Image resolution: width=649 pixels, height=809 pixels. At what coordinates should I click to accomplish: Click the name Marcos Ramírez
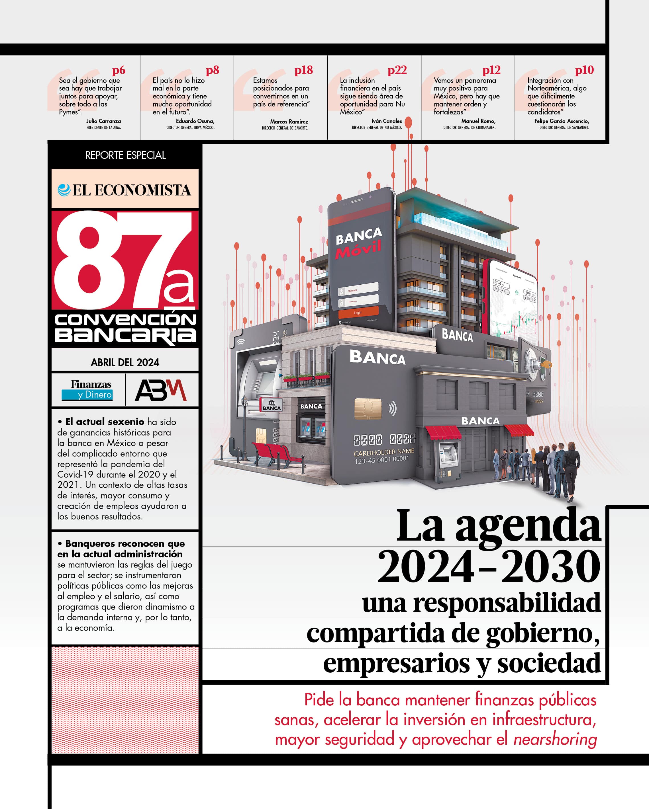[x=289, y=122]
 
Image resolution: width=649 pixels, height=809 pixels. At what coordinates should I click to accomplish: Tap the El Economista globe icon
[x=64, y=190]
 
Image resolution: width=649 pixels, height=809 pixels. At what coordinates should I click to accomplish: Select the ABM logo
[x=160, y=390]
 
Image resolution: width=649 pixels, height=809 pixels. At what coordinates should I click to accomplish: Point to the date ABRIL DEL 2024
[x=125, y=362]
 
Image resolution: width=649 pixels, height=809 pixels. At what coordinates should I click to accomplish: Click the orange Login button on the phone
[x=358, y=313]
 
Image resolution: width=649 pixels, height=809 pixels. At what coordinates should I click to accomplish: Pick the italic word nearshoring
[x=555, y=739]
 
